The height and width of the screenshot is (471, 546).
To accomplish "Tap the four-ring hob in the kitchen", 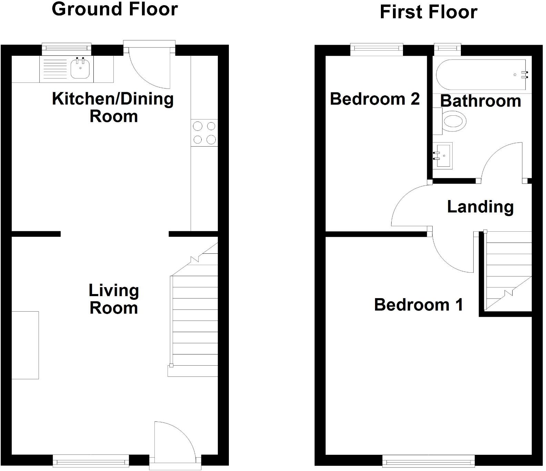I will (204, 133).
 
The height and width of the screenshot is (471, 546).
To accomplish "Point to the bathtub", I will (481, 75).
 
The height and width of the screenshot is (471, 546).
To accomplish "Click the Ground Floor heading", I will (115, 9).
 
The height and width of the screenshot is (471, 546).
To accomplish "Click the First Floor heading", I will (428, 12).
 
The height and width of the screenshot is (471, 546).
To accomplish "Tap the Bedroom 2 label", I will (375, 99).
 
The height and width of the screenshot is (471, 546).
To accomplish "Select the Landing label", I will (480, 207).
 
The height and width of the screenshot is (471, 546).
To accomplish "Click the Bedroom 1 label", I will (418, 305).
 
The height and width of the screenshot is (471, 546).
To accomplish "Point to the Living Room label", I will (114, 299).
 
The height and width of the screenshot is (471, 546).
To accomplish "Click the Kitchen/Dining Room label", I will (113, 107).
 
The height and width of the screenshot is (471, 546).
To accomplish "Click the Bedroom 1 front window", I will (428, 461).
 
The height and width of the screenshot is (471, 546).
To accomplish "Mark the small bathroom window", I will (447, 49).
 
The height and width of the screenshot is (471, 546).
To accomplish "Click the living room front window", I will (91, 461).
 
